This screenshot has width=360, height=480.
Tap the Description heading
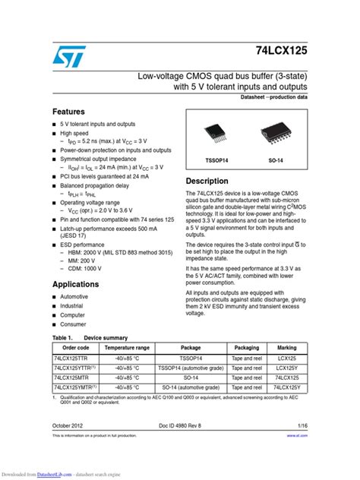[207, 182]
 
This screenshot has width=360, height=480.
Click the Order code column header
[75, 347]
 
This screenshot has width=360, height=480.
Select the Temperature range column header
[121, 347]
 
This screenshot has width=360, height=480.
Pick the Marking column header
[287, 347]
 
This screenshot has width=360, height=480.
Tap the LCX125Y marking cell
[287, 367]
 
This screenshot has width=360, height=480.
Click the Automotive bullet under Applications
[74, 297]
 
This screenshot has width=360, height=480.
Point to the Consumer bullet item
[74, 324]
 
